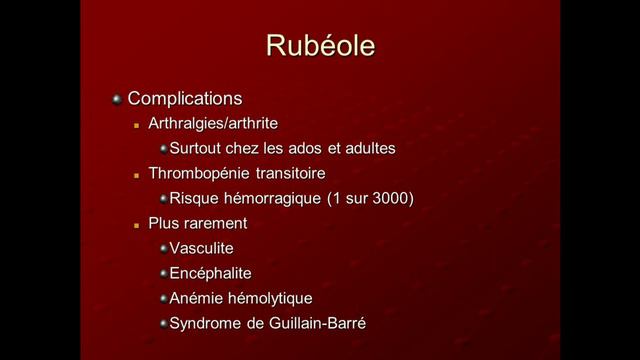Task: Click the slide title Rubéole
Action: (x=320, y=46)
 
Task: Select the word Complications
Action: (x=185, y=99)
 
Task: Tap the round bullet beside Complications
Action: (x=117, y=99)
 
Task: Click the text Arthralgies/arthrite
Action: (x=213, y=124)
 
